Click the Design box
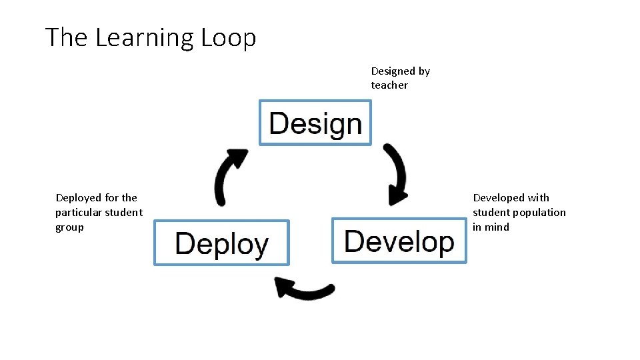click(x=315, y=123)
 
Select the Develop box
click(x=399, y=240)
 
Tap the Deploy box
click(x=221, y=243)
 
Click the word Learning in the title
click(x=140, y=38)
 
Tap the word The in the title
click(x=67, y=37)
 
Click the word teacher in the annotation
click(x=389, y=85)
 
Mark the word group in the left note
click(x=69, y=227)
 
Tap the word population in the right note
click(x=541, y=212)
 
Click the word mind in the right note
click(x=497, y=227)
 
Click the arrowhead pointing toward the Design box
click(x=237, y=158)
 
